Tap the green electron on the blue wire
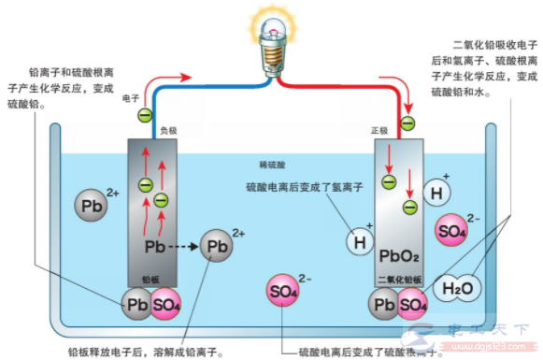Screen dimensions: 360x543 click(145, 116)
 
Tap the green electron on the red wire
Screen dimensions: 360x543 click(407, 123)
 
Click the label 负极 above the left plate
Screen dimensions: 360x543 click(167, 132)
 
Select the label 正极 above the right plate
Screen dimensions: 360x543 click(379, 132)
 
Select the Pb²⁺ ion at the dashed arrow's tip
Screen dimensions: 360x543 click(217, 247)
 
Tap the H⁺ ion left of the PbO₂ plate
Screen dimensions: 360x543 click(359, 241)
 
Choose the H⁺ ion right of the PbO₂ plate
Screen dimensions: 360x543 click(436, 193)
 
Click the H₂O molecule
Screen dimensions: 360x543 click(458, 288)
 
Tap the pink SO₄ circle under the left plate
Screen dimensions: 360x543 click(165, 305)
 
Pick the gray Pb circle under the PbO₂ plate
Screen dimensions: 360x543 click(383, 305)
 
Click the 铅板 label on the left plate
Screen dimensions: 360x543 click(150, 279)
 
